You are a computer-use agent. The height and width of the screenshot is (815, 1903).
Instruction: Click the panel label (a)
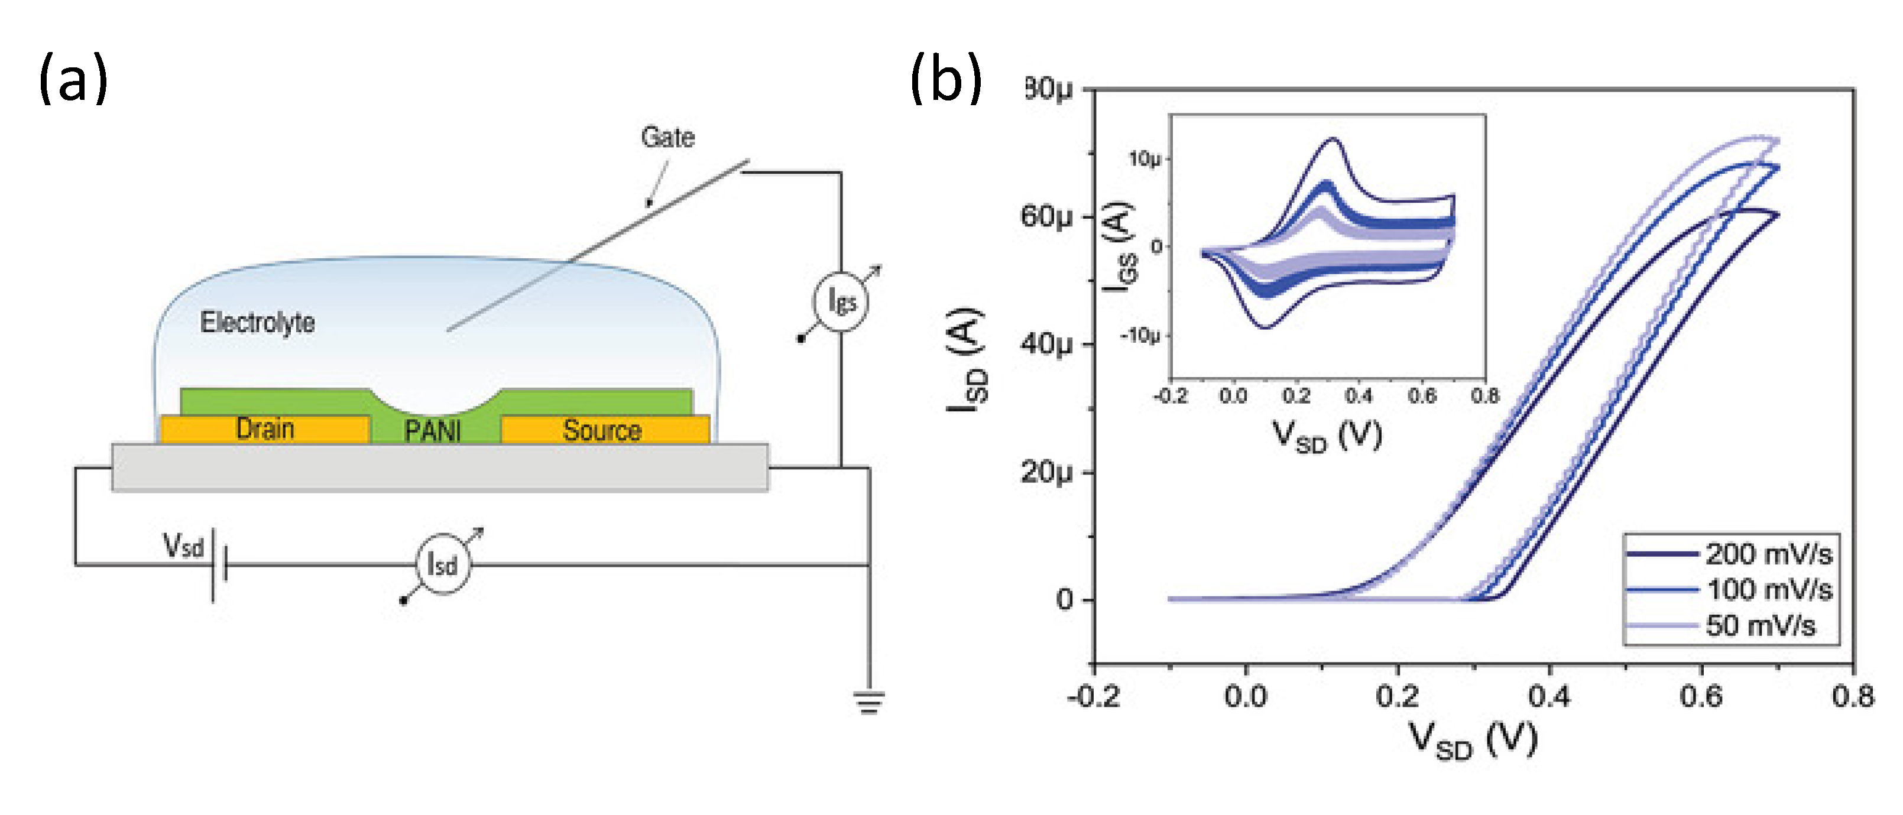point(73,78)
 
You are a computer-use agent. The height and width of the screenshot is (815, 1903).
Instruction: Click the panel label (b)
point(946,78)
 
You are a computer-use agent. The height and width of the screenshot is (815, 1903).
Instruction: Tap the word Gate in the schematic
point(667,137)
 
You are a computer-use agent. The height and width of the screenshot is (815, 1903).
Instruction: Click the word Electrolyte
point(257,323)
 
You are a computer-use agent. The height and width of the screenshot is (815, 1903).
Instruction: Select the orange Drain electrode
point(264,429)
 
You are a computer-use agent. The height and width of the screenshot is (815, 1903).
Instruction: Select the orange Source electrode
point(603,430)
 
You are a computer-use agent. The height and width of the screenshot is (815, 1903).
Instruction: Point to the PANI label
point(433,430)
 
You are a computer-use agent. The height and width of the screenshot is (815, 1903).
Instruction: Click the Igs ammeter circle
point(841,302)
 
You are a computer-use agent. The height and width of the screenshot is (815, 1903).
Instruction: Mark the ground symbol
point(869,702)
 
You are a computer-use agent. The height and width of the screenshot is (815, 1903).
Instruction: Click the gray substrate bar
point(440,467)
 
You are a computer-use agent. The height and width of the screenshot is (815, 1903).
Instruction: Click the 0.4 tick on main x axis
point(1549,696)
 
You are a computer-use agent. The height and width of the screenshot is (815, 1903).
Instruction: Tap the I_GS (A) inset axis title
point(1120,246)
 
